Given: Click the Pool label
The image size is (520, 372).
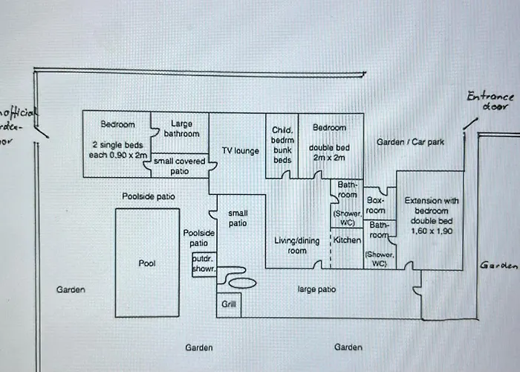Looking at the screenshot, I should pos(147,263).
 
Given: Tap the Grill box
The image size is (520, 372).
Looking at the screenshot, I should pos(227,304).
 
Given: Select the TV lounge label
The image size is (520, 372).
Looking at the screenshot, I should pos(240,151).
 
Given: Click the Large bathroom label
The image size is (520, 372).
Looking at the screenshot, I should pos(181,129).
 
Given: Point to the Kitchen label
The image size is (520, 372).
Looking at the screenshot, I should pos(347,240).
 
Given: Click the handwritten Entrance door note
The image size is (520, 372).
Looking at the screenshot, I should pos(490,101).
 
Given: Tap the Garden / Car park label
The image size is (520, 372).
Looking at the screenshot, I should pos(410,141).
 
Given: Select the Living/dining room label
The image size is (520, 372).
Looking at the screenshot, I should pos(296,246).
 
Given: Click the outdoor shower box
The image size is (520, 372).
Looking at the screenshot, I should pos(204,263).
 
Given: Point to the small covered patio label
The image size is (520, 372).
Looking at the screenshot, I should pos(180,165).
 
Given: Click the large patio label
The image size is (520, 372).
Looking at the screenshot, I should pos(316,289).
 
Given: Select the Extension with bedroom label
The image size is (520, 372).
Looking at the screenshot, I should pos(431,205).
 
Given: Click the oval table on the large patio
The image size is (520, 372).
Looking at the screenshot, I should pos(241,283).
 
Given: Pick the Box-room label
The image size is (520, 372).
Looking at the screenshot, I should pos(375,205).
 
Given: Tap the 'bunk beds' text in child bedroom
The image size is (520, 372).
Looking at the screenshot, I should pos(283,155).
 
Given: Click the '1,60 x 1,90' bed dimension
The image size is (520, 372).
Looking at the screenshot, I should pos(431,231).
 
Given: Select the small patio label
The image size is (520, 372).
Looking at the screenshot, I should pos(238,218).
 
